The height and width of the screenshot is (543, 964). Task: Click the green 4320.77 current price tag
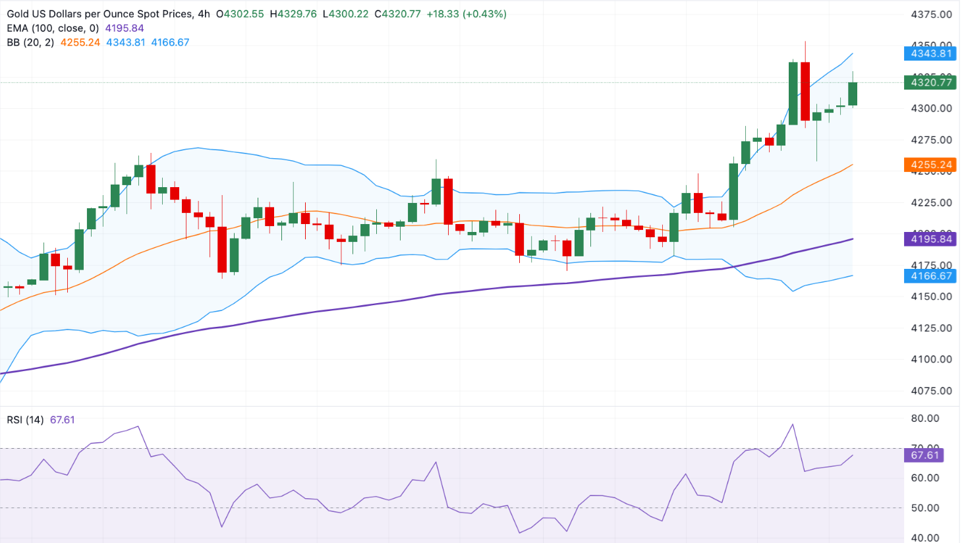(x=931, y=82)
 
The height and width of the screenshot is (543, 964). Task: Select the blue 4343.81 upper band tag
(x=931, y=53)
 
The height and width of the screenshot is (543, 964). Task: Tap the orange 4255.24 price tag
(x=931, y=165)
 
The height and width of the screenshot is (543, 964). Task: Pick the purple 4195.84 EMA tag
(x=931, y=239)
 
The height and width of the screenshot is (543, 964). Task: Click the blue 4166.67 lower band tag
(x=931, y=276)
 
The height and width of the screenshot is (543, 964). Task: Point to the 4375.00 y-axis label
(x=931, y=14)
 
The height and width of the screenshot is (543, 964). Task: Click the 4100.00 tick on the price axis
(x=931, y=359)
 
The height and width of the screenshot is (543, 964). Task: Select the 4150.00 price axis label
(x=931, y=297)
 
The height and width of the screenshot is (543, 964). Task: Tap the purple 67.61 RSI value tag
(x=925, y=455)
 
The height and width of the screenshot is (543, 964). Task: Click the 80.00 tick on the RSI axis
(x=925, y=418)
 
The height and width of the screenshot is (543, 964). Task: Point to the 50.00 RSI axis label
(x=925, y=508)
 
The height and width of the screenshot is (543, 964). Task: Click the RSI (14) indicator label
(x=25, y=420)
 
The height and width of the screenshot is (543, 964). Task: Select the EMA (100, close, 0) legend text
(x=53, y=28)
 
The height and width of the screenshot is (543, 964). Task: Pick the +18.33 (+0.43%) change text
(x=467, y=14)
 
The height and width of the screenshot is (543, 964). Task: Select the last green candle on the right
(x=853, y=94)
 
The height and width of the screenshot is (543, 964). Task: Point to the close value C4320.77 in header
(x=397, y=14)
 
